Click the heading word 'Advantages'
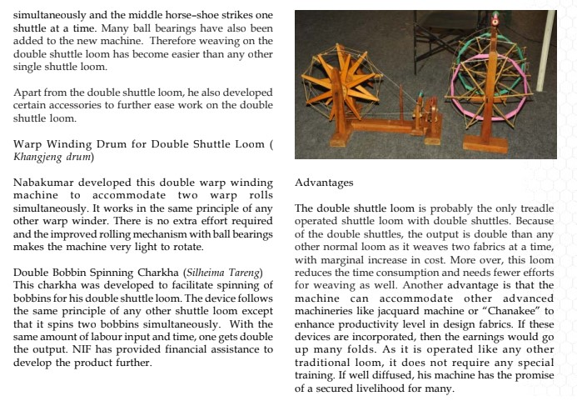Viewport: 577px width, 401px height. point(325,182)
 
